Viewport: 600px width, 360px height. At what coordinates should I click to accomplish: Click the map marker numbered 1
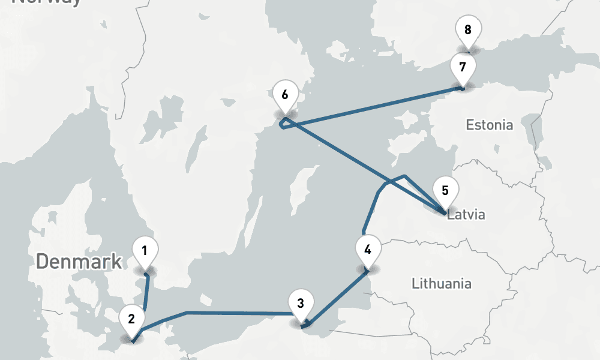point(145,251)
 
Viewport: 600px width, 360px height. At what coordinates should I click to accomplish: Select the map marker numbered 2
point(131,317)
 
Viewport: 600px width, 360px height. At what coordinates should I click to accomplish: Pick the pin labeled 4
point(368,248)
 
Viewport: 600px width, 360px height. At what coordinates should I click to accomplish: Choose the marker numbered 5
point(445,191)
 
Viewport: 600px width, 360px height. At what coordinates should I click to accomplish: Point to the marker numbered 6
point(284,95)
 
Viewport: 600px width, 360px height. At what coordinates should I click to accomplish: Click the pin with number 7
point(463,67)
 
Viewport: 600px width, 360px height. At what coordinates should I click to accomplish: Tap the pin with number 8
point(468,29)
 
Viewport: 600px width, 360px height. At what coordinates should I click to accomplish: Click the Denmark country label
point(79,262)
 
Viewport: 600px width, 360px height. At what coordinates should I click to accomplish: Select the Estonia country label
point(490,125)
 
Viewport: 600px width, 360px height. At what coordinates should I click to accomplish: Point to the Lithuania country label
point(442,283)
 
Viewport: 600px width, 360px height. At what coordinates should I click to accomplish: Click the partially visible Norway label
point(47,2)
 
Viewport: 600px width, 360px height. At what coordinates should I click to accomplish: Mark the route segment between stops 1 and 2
point(146,294)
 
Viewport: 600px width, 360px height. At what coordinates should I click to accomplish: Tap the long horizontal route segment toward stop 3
point(240,313)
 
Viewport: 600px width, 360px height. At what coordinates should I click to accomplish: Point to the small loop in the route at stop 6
point(284,123)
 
